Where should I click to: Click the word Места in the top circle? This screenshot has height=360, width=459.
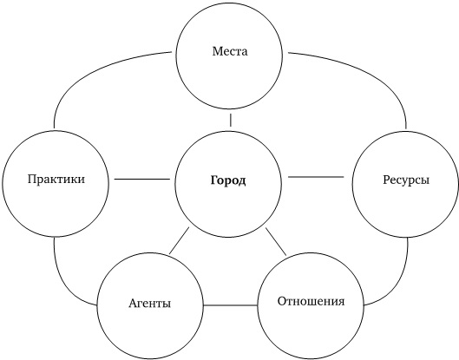[230, 51]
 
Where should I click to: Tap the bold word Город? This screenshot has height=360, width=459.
[228, 180]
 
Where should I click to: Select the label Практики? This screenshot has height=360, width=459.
[56, 179]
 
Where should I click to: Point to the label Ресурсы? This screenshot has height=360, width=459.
[406, 180]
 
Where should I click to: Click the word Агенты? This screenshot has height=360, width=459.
[149, 304]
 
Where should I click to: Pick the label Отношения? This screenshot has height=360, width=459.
[311, 301]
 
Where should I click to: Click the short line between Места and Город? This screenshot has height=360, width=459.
[231, 120]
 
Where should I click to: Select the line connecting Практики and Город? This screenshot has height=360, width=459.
[142, 179]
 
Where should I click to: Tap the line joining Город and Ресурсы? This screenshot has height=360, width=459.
[316, 177]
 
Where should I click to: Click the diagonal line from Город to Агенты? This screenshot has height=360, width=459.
[180, 240]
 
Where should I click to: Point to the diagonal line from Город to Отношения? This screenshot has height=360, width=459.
[276, 241]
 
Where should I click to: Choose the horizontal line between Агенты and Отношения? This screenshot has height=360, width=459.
[231, 305]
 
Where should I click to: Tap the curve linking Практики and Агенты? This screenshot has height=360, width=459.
[64, 284]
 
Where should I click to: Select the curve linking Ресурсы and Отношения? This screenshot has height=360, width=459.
[397, 284]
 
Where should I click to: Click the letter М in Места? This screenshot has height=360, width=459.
[217, 51]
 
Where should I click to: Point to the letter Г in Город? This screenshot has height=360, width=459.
[214, 180]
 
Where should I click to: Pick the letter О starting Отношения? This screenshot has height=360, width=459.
[282, 301]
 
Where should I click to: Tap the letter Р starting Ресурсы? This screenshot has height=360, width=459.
[386, 180]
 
